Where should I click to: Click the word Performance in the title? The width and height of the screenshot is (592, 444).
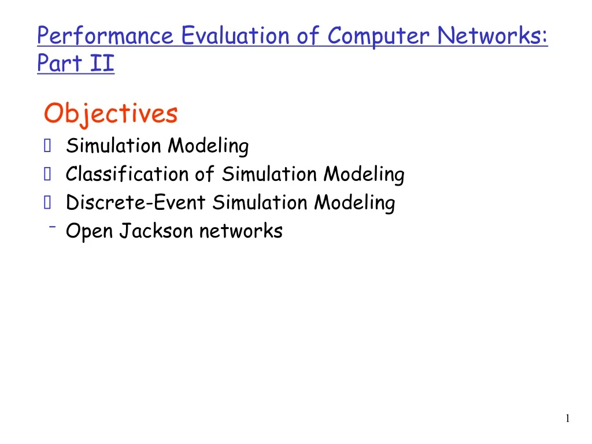105,36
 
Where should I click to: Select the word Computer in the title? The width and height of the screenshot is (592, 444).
378,36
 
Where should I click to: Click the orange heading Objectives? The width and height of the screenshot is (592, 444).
110,114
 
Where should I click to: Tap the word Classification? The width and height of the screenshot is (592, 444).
127,173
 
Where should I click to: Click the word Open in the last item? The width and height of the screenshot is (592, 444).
90,231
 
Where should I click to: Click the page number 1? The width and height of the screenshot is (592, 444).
568,418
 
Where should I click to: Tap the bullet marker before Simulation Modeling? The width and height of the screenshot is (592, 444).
47,145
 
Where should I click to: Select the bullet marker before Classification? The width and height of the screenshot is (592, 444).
47,173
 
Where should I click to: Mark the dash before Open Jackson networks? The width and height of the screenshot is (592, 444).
52,227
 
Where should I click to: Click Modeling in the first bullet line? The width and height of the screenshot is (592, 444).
208,146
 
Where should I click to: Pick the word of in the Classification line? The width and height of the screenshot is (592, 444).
205,173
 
